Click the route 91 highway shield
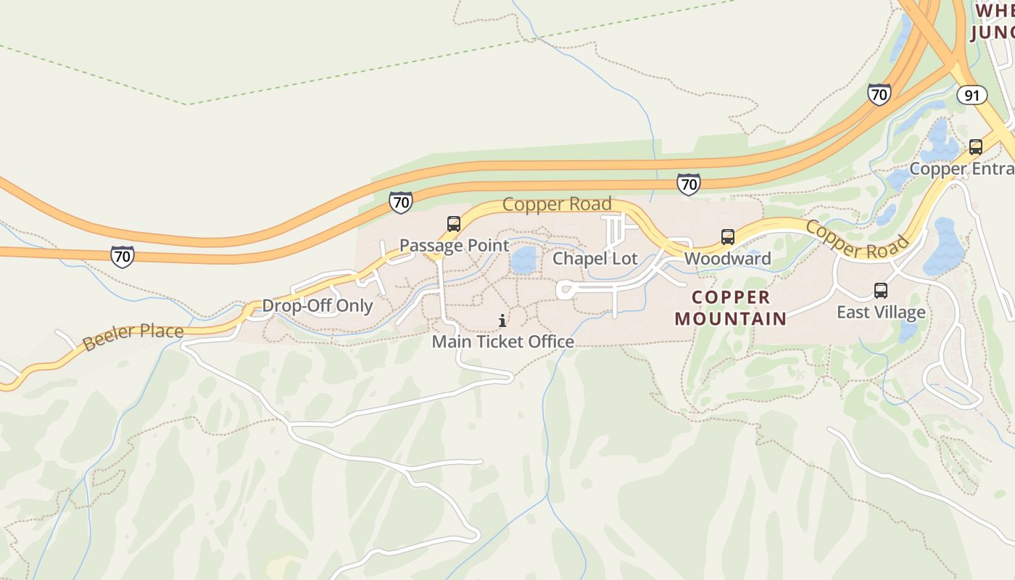tap(971, 95)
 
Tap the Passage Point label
tap(455, 246)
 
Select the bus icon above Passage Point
tap(454, 224)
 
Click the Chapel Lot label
tap(595, 259)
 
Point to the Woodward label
tap(727, 259)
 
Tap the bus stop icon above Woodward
tap(727, 237)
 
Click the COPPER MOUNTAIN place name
tap(730, 308)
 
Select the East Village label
tap(881, 312)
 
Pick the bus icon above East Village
tap(881, 291)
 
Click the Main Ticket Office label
tap(502, 341)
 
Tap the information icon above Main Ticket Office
tap(502, 320)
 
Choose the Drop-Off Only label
tap(317, 306)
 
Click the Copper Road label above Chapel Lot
tap(557, 204)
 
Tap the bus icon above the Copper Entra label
tap(976, 147)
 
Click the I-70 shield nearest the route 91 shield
tap(879, 94)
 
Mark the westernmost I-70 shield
tap(123, 256)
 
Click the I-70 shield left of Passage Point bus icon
tap(401, 202)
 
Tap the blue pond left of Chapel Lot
tap(523, 260)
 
